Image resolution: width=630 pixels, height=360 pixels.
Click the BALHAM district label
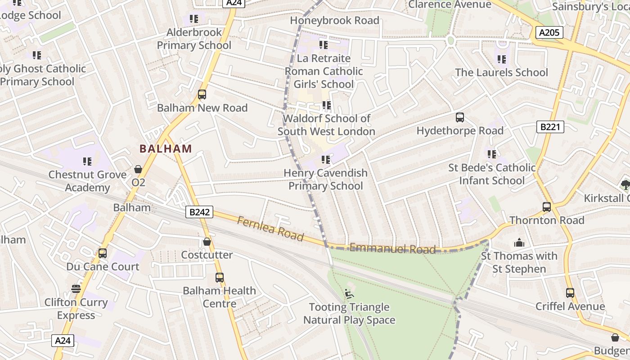click(x=166, y=148)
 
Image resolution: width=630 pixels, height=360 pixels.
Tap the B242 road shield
click(x=199, y=212)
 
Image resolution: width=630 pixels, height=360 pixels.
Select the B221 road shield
click(x=550, y=127)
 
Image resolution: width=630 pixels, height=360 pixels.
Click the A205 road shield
click(x=550, y=32)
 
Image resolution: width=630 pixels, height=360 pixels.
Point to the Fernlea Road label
click(x=270, y=228)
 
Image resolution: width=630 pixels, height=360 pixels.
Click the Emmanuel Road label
click(x=392, y=248)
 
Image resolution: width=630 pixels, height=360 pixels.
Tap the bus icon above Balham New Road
click(x=202, y=94)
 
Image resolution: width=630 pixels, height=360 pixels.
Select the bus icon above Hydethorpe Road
click(x=459, y=117)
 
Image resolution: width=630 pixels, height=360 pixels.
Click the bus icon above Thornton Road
click(x=547, y=207)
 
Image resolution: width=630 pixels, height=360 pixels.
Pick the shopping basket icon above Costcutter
click(x=207, y=242)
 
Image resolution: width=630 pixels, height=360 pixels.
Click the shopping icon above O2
click(x=138, y=169)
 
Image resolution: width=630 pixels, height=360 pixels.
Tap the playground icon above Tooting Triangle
click(x=349, y=294)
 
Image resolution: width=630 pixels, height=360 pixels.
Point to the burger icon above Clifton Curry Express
click(x=76, y=289)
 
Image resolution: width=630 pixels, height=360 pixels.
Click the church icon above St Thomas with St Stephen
click(x=519, y=243)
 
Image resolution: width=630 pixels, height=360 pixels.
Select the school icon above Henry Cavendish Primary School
click(x=326, y=160)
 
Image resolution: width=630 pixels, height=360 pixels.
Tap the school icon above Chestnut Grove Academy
click(x=87, y=161)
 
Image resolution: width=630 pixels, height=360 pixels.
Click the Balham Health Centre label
click(x=219, y=297)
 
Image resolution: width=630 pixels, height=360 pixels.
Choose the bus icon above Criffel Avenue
click(x=570, y=293)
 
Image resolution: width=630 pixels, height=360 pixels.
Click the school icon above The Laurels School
click(x=502, y=59)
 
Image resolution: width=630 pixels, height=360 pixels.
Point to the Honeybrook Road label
click(x=334, y=20)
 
